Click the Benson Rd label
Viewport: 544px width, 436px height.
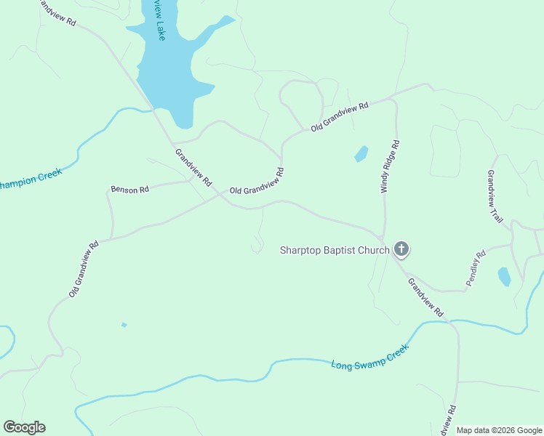click(129, 190)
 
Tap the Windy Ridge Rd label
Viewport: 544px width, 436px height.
click(391, 166)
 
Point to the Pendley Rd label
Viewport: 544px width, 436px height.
click(476, 268)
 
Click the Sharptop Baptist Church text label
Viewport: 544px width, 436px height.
click(335, 251)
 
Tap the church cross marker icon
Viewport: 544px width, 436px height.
click(401, 250)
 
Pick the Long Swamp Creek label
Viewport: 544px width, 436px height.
click(369, 356)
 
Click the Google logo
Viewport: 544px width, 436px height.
click(24, 427)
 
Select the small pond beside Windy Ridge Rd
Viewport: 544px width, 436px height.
click(361, 154)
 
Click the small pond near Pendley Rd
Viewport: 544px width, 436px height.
click(504, 276)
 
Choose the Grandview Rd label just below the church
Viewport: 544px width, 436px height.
click(425, 296)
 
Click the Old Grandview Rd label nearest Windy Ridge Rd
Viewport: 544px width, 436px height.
click(340, 116)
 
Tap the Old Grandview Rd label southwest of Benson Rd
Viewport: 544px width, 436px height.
click(84, 269)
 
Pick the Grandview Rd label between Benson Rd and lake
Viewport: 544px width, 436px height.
click(193, 166)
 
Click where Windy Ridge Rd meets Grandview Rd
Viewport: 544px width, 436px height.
click(383, 238)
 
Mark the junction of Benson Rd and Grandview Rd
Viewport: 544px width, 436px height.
click(192, 179)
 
